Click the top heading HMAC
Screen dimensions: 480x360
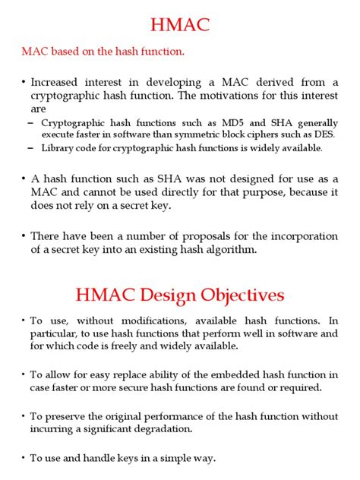click(x=179, y=27)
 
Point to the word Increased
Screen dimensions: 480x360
click(x=59, y=81)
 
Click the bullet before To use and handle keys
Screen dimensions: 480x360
click(x=24, y=458)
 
